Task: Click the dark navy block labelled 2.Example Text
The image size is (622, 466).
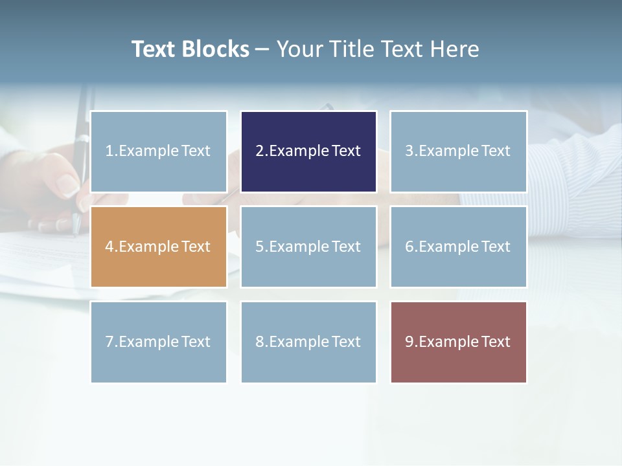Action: coord(308,151)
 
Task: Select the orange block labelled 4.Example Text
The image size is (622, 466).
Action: coord(159,247)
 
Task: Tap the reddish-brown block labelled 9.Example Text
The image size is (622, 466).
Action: coord(458,342)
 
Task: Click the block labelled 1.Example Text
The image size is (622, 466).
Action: coord(159,151)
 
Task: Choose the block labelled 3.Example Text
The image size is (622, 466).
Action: coord(458,151)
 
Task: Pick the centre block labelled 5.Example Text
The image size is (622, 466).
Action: coord(308,247)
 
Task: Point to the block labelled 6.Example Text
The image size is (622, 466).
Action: coord(458,247)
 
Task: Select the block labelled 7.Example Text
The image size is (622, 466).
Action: coord(159,342)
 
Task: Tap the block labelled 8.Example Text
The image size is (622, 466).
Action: coord(308,342)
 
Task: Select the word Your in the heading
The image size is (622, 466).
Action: coord(300,49)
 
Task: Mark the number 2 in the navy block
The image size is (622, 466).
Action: coord(259,151)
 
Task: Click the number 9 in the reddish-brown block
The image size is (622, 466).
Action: coord(409,342)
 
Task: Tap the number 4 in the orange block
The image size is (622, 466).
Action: coord(109,247)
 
